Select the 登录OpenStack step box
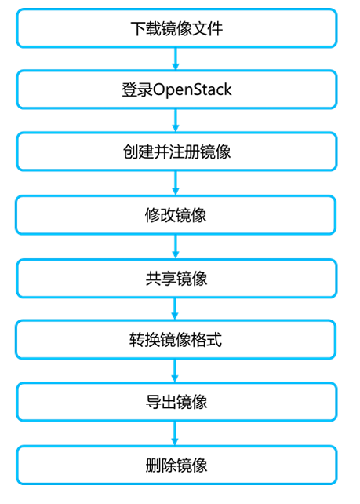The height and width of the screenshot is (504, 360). (176, 89)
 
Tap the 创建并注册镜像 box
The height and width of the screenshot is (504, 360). (176, 152)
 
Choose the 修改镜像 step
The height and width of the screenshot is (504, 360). (176, 214)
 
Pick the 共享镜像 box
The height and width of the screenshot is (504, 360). (176, 277)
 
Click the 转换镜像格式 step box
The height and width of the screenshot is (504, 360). (176, 340)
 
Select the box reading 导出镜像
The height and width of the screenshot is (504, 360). (176, 402)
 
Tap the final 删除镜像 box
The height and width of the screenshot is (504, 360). (176, 464)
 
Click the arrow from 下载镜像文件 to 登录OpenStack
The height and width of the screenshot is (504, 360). (176, 58)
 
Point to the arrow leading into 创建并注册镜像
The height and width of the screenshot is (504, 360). (176, 120)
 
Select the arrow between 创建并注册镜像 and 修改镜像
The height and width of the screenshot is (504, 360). (176, 183)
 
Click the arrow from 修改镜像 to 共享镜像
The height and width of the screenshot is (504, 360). (176, 246)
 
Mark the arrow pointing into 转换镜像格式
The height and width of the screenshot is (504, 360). (176, 309)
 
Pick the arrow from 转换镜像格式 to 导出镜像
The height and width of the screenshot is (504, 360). (176, 371)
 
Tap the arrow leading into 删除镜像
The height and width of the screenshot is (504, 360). (176, 433)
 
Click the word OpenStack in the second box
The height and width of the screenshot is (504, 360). (192, 89)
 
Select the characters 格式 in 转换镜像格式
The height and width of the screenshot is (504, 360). (207, 340)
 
